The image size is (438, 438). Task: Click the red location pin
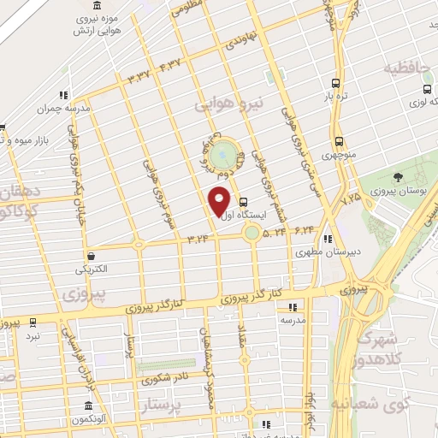(220, 200)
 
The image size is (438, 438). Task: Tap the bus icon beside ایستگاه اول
(245, 203)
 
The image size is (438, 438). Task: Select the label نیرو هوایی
(232, 104)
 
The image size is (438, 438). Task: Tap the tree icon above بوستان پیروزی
(399, 177)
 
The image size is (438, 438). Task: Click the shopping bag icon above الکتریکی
(91, 255)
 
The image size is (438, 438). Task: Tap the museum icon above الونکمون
(88, 405)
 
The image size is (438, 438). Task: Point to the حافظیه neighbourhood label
(405, 68)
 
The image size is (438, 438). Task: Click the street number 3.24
(196, 238)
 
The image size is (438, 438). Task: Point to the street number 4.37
(169, 65)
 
